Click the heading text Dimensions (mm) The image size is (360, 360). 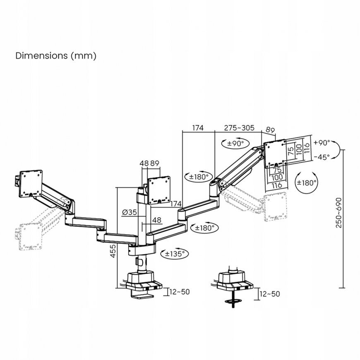pyautogui.click(x=56, y=56)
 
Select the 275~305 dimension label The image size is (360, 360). pyautogui.click(x=239, y=127)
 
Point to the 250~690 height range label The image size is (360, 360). pyautogui.click(x=338, y=213)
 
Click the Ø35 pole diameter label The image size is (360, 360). pyautogui.click(x=130, y=212)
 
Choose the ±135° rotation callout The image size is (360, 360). pyautogui.click(x=175, y=254)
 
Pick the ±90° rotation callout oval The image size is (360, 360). pyautogui.click(x=235, y=144)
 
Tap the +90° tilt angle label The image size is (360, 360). pyautogui.click(x=322, y=143)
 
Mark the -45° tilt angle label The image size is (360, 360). pyautogui.click(x=322, y=157)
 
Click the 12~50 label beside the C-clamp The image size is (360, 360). pyautogui.click(x=180, y=292)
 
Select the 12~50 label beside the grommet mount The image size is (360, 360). pyautogui.click(x=270, y=294)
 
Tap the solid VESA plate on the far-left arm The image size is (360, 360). pyautogui.click(x=31, y=184)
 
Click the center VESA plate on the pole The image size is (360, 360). pyautogui.click(x=159, y=190)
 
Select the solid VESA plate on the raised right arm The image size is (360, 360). pyautogui.click(x=275, y=154)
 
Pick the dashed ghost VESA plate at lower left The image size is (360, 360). pyautogui.click(x=31, y=236)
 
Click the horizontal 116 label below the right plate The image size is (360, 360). pyautogui.click(x=277, y=185)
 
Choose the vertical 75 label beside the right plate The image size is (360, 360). pyautogui.click(x=291, y=151)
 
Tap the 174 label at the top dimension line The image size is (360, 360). pyautogui.click(x=198, y=127)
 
